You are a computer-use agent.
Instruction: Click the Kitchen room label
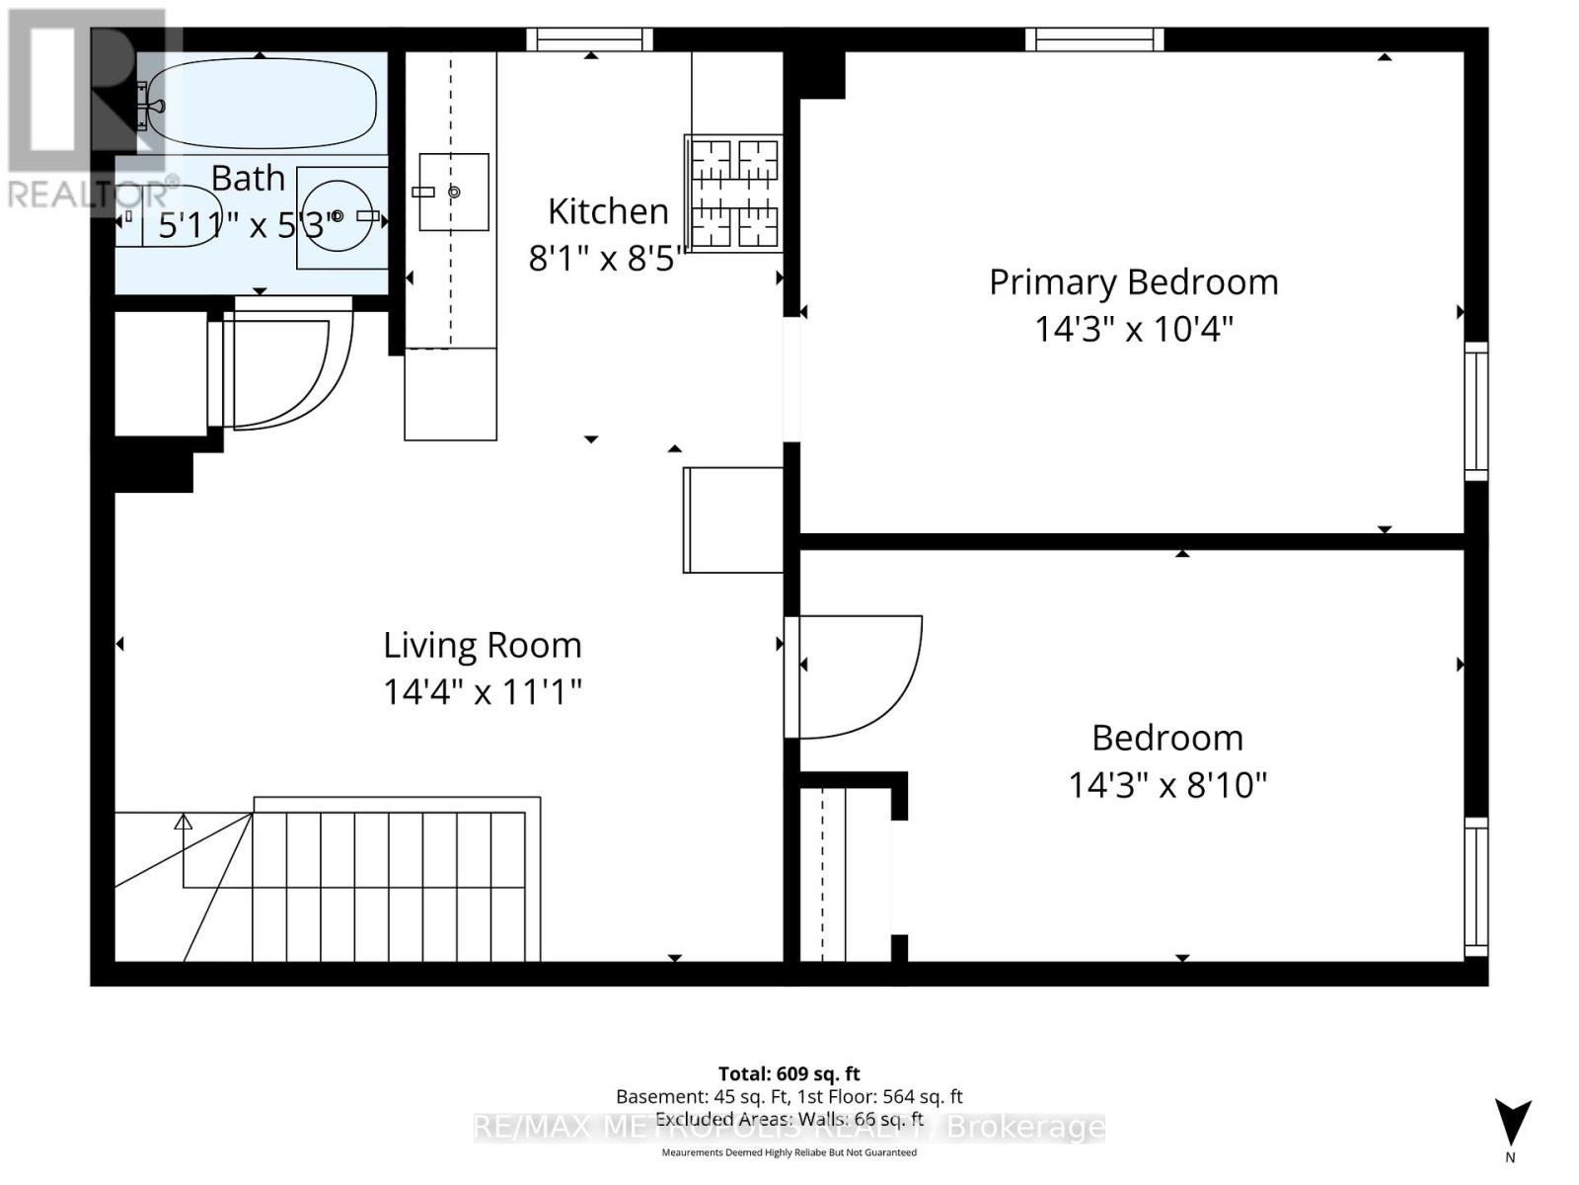(x=608, y=211)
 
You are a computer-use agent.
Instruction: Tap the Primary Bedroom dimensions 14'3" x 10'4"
(x=1134, y=328)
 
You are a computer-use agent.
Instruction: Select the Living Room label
(x=482, y=645)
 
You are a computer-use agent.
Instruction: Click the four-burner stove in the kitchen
(x=733, y=193)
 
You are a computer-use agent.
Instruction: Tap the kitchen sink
(x=453, y=192)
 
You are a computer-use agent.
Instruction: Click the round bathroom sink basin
(x=338, y=215)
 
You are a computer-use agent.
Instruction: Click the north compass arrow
(x=1512, y=1124)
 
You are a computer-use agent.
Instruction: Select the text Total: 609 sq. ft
(x=789, y=1073)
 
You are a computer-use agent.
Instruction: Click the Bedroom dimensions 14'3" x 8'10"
(x=1167, y=785)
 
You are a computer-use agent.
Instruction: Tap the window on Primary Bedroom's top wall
(x=1093, y=39)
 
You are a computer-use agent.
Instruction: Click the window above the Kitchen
(x=589, y=39)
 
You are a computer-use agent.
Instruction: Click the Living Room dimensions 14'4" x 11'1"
(x=482, y=691)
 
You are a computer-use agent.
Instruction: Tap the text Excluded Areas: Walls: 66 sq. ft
(x=789, y=1119)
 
